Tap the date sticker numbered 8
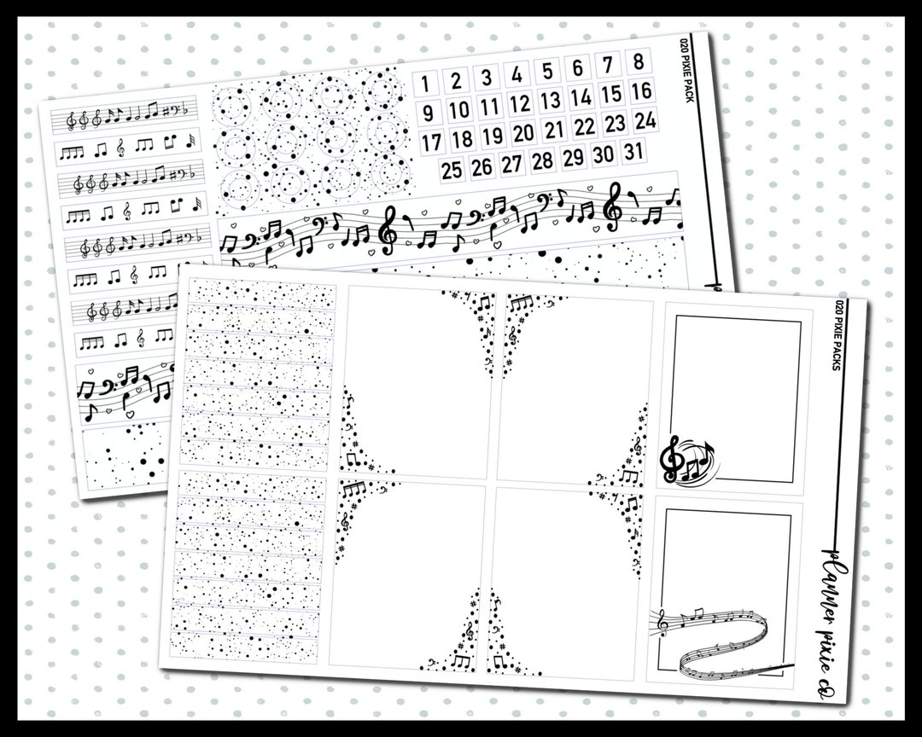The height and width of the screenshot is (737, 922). [638, 62]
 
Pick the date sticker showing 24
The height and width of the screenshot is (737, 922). [645, 119]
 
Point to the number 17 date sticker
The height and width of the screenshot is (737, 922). [432, 142]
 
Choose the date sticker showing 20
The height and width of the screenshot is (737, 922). [523, 133]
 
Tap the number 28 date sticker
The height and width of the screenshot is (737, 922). [541, 160]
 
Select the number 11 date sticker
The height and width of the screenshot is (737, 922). [489, 107]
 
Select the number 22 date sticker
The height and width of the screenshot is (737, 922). [584, 126]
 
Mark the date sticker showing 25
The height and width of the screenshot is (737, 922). [452, 170]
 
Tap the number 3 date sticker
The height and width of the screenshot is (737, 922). [486, 78]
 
